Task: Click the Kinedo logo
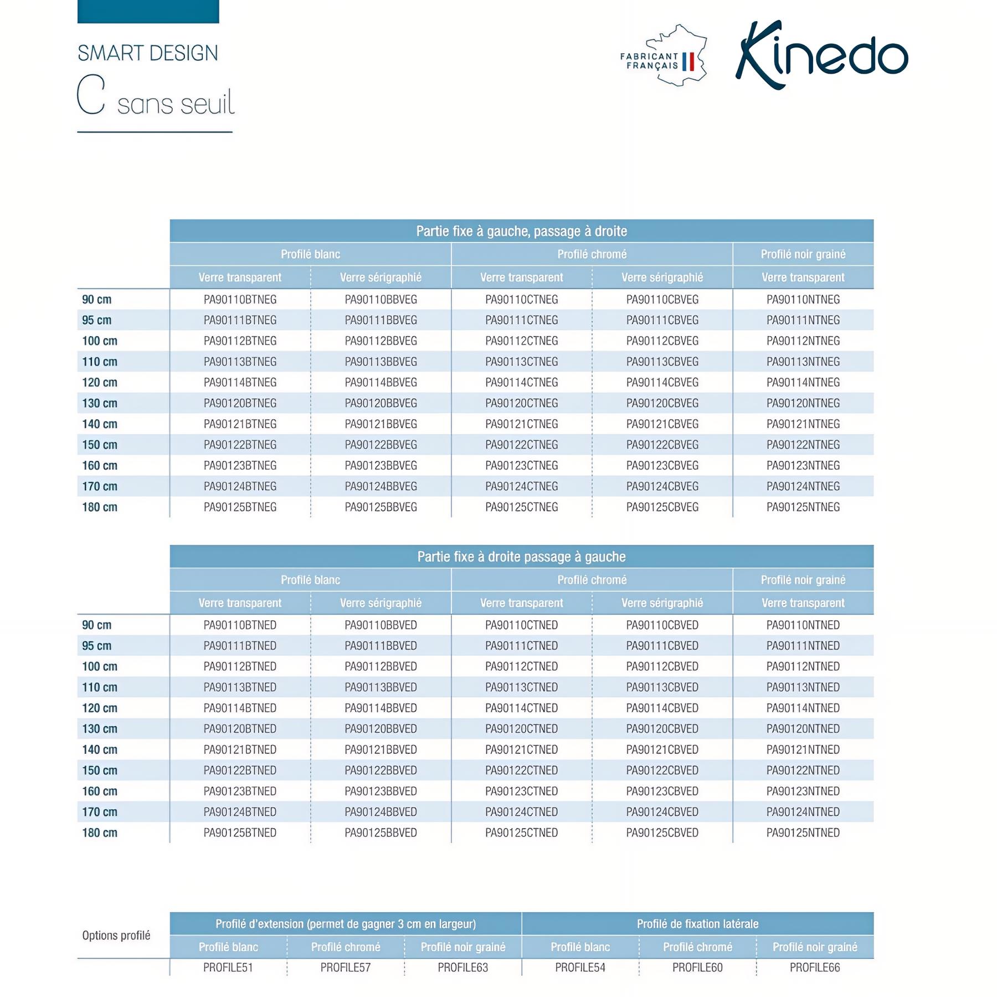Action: tap(821, 55)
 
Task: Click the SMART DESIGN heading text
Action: tap(148, 53)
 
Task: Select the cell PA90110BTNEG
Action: tap(240, 300)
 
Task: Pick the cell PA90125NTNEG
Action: tap(803, 507)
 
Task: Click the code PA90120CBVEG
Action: tap(662, 403)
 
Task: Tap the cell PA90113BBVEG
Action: tap(381, 362)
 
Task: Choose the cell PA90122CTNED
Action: tap(522, 770)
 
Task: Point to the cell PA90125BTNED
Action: tap(240, 833)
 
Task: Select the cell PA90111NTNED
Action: tap(803, 646)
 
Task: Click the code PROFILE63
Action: tap(463, 968)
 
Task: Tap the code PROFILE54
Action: tap(580, 968)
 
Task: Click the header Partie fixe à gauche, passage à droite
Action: tap(522, 231)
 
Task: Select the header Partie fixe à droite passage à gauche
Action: tap(522, 557)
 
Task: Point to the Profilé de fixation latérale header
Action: tap(698, 924)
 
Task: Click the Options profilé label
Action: tap(116, 936)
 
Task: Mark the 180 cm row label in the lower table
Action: tap(100, 833)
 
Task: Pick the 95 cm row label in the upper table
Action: tap(97, 320)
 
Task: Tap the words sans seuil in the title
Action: tap(176, 104)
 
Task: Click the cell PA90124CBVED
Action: tap(662, 812)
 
